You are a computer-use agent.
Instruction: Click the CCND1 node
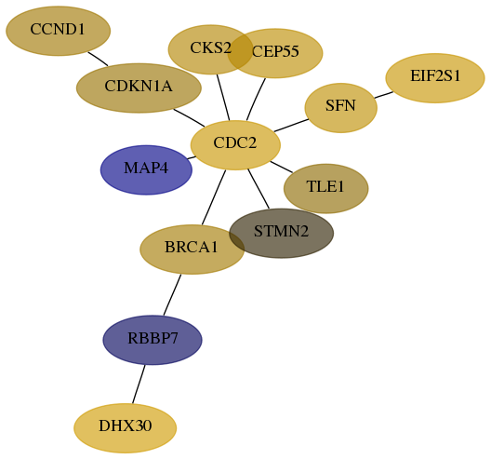[59, 31]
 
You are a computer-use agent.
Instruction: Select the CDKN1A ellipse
[139, 88]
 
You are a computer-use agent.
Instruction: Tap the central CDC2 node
[235, 145]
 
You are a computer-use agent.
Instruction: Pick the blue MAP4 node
[146, 170]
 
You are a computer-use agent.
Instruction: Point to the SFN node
[341, 108]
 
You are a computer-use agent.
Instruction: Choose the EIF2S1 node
[435, 78]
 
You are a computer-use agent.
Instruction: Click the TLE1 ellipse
[326, 188]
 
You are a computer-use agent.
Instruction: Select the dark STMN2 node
[281, 234]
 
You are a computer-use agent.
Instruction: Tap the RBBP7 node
[153, 340]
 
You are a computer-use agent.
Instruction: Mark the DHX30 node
[126, 428]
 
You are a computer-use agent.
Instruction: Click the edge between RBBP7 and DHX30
[139, 385]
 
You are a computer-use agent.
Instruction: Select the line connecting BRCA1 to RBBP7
[172, 295]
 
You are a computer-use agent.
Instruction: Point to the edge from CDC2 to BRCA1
[214, 197]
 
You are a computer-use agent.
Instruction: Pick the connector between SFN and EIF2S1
[383, 95]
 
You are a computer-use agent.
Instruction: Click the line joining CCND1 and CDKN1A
[98, 59]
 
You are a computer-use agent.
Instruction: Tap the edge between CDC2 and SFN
[291, 126]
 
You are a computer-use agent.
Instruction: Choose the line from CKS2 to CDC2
[223, 98]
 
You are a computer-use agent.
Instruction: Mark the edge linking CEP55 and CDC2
[256, 99]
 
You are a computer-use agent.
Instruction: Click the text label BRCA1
[192, 247]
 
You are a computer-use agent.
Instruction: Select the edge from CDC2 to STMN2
[259, 189]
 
